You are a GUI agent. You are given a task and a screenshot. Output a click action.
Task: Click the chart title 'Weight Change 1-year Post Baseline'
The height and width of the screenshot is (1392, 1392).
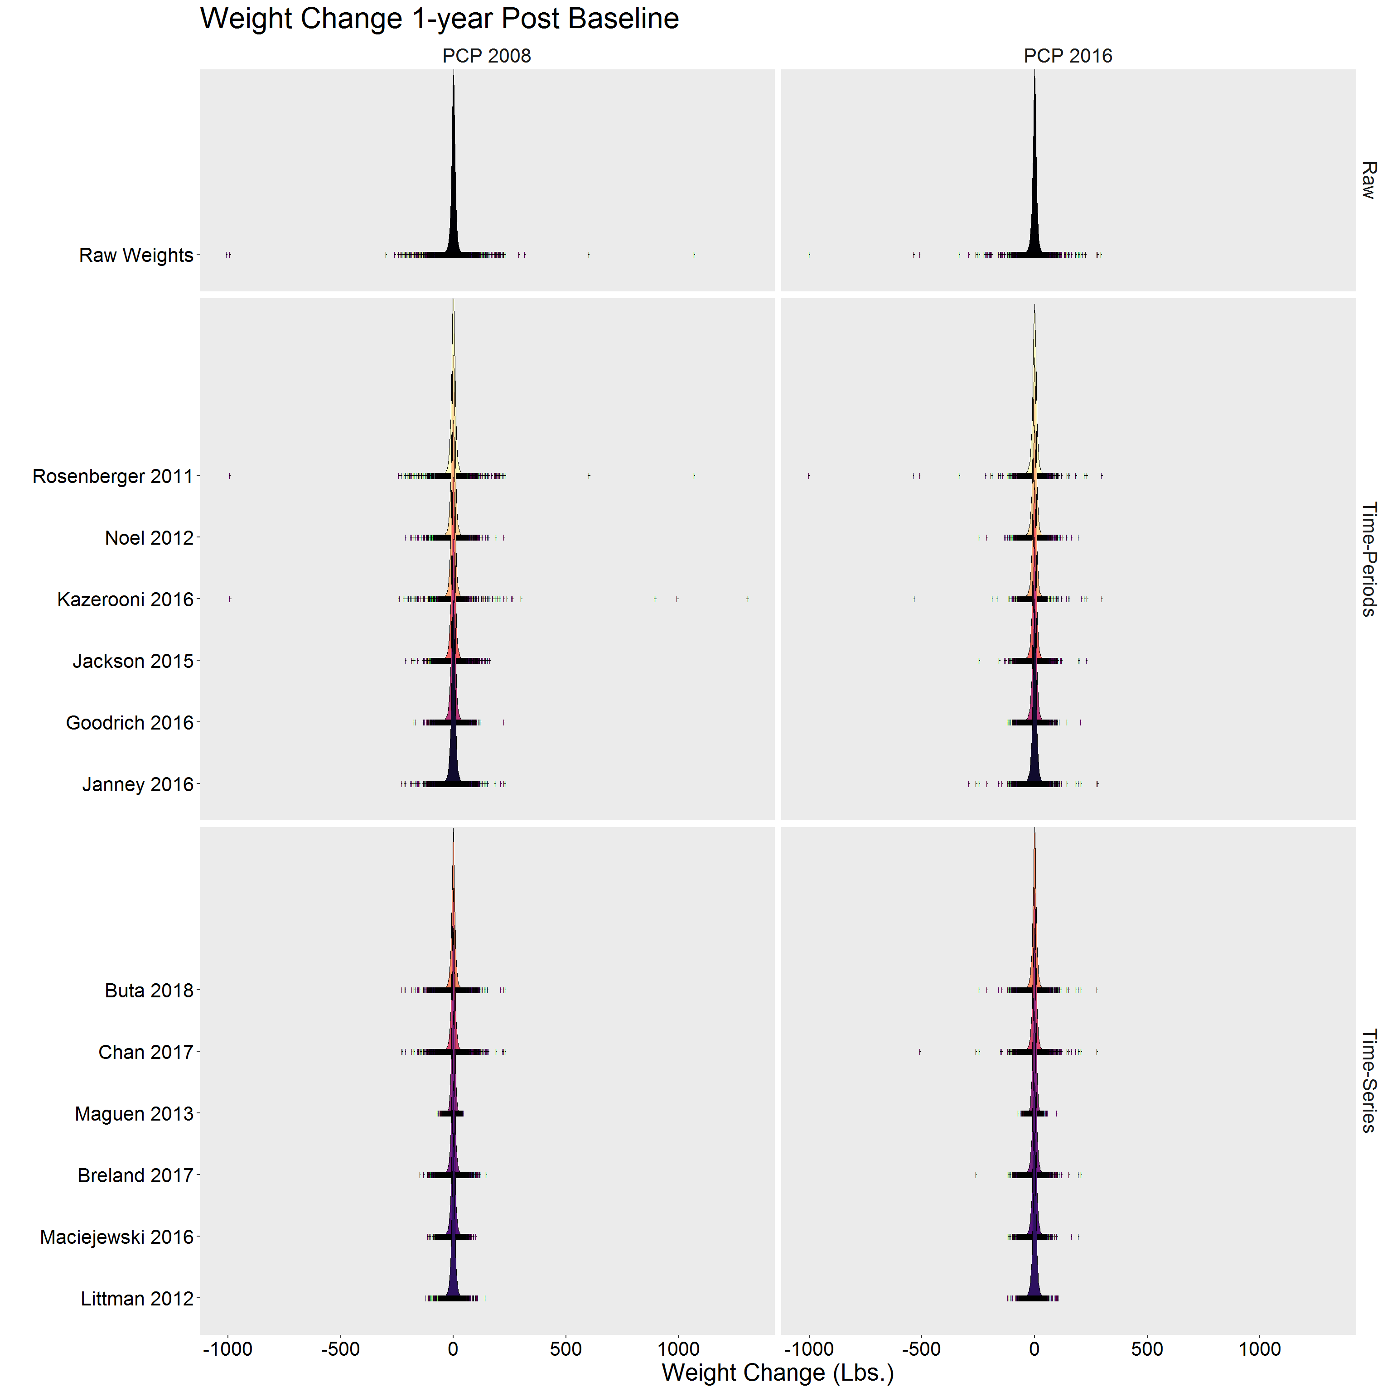pyautogui.click(x=440, y=19)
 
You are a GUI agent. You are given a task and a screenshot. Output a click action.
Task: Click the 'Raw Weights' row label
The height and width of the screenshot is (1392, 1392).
pyautogui.click(x=136, y=255)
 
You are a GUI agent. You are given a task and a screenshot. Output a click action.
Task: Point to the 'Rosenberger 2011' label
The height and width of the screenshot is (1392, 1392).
pyautogui.click(x=113, y=476)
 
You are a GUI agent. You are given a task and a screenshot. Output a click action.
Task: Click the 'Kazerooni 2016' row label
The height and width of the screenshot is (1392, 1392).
pyautogui.click(x=126, y=599)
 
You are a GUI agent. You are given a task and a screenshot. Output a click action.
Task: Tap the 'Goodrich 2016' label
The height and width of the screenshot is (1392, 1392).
pyautogui.click(x=130, y=723)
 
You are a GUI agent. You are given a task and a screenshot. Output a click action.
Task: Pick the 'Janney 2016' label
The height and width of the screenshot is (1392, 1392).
pyautogui.click(x=138, y=784)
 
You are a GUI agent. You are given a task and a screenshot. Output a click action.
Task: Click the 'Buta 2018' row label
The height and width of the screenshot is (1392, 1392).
pyautogui.click(x=149, y=991)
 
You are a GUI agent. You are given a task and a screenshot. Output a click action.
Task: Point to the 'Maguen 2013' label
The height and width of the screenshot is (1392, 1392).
pyautogui.click(x=134, y=1114)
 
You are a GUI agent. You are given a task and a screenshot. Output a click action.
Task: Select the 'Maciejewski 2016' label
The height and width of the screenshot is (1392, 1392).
pyautogui.click(x=117, y=1237)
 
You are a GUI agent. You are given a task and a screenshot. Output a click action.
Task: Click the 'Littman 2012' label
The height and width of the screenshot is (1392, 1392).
pyautogui.click(x=137, y=1298)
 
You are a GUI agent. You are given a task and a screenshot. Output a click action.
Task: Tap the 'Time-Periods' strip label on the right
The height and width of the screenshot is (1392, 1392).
pyautogui.click(x=1368, y=559)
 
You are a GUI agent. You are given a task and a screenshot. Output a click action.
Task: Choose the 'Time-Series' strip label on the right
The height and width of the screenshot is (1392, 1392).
pyautogui.click(x=1368, y=1081)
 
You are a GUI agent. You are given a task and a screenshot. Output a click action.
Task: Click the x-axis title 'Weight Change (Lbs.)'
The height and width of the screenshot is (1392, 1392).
pyautogui.click(x=778, y=1373)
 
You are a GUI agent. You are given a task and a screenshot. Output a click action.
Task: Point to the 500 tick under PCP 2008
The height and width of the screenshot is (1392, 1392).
pyautogui.click(x=565, y=1349)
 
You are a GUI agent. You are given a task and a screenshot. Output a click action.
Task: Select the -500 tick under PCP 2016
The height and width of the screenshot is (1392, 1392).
pyautogui.click(x=922, y=1349)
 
